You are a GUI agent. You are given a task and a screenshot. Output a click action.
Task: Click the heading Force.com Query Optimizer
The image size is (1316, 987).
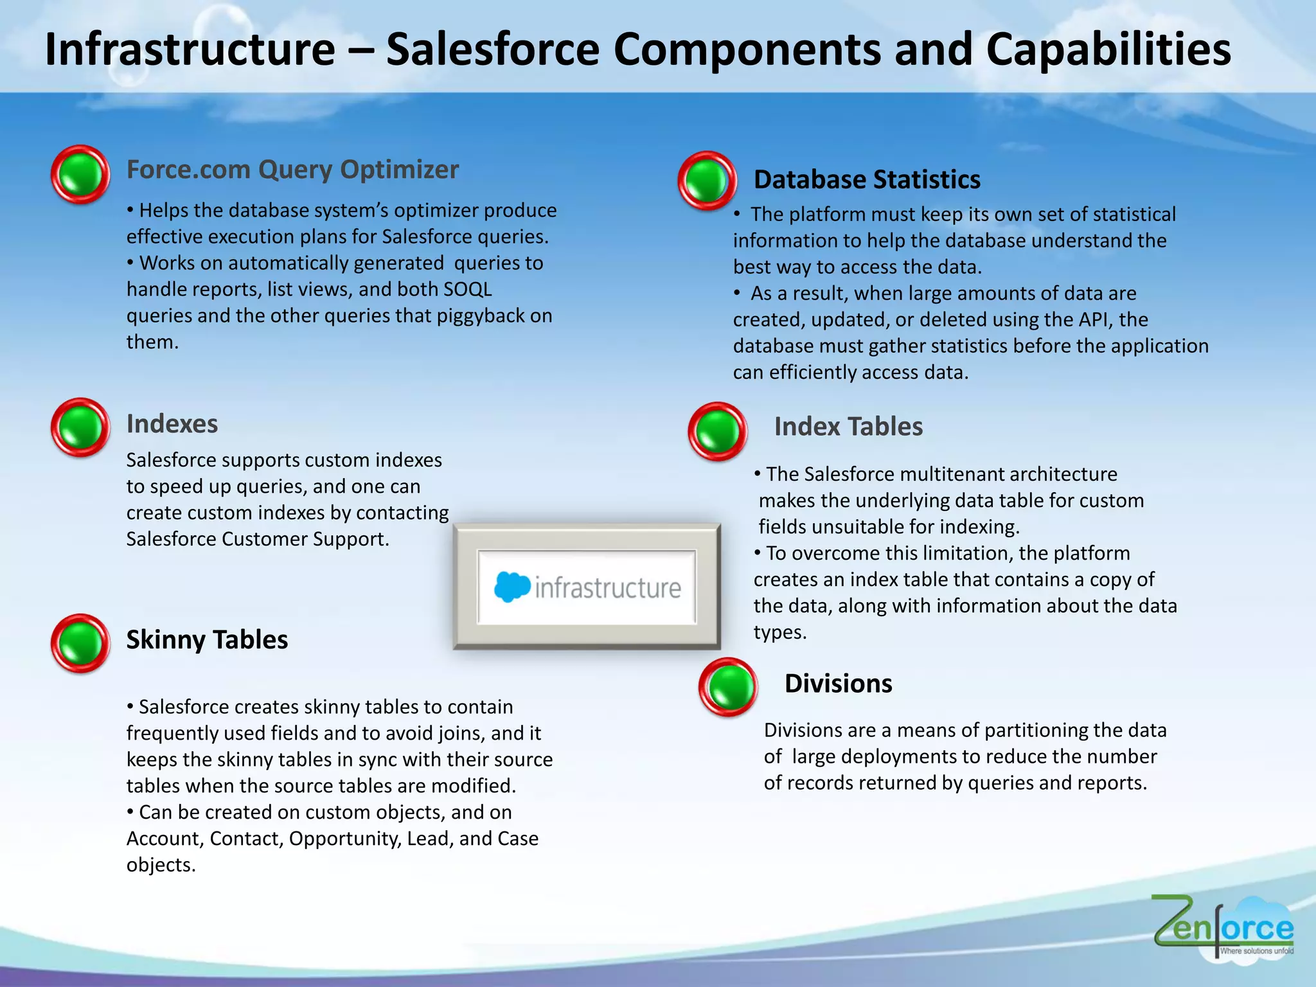pyautogui.click(x=292, y=170)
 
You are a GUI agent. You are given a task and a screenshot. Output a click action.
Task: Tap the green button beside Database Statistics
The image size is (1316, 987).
pyautogui.click(x=707, y=181)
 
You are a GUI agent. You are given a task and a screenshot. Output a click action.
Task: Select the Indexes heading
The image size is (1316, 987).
pyautogui.click(x=172, y=424)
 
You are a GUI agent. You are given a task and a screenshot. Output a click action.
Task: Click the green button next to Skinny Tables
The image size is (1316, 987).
pyautogui.click(x=80, y=643)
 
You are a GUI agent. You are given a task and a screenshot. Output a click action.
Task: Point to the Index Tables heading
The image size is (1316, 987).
pyautogui.click(x=848, y=427)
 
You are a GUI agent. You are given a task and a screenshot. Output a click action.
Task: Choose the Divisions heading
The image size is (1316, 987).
pyautogui.click(x=838, y=684)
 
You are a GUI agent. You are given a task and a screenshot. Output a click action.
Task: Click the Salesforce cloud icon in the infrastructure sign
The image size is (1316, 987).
pyautogui.click(x=512, y=587)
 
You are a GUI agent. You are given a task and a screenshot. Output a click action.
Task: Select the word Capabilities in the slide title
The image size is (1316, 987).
pyautogui.click(x=1108, y=49)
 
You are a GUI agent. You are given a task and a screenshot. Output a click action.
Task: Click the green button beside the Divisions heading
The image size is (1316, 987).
pyautogui.click(x=728, y=687)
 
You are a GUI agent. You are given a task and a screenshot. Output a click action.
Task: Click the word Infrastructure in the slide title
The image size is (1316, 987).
pyautogui.click(x=190, y=49)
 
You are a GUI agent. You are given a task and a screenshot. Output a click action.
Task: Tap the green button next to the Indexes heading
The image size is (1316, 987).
pyautogui.click(x=80, y=427)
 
